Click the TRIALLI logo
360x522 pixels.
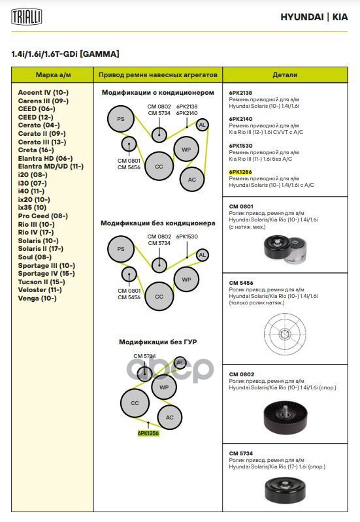point(27,16)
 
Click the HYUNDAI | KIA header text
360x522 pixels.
point(314,17)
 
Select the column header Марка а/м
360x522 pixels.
point(54,75)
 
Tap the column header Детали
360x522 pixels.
point(285,75)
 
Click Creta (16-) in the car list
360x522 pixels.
point(36,150)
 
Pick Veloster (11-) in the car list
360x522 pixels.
point(40,290)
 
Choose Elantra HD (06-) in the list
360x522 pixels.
point(45,159)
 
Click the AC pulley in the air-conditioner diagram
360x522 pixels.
point(192,180)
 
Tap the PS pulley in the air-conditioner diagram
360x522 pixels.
point(121,119)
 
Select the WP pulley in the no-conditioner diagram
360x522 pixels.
point(186,280)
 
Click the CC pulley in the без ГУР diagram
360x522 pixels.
point(135,403)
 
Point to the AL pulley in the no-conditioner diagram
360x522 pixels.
point(202,255)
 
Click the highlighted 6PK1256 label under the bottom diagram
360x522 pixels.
point(148,433)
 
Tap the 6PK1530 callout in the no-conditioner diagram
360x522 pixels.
point(187,237)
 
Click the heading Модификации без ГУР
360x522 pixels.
point(158,342)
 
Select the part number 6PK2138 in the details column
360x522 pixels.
point(240,93)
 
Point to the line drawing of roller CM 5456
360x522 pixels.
point(285,334)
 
